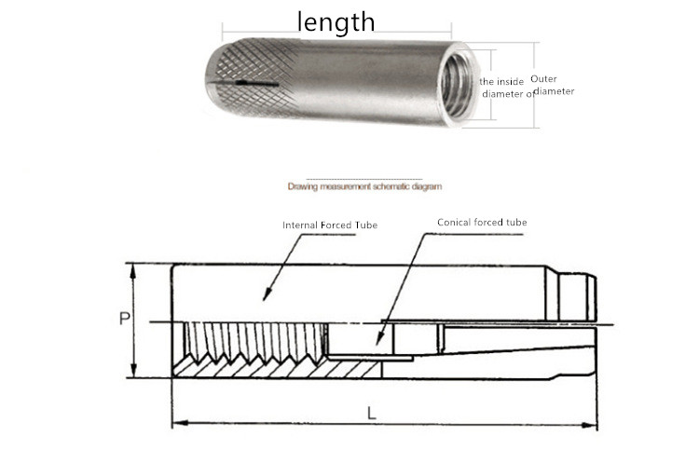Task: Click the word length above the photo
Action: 336,22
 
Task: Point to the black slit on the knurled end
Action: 246,83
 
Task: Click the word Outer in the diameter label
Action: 543,79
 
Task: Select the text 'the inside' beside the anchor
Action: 501,82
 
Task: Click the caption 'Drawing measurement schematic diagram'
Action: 364,186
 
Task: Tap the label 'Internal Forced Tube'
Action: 330,225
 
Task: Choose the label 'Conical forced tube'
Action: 482,222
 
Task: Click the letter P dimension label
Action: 124,319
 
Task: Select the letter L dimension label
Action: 371,414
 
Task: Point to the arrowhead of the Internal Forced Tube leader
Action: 267,295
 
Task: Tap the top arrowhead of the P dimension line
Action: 132,270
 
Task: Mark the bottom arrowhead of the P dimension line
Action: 133,371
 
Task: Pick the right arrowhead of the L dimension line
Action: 589,425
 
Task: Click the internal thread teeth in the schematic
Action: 256,341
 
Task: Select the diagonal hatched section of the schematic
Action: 277,368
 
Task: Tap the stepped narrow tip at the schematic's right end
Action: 577,297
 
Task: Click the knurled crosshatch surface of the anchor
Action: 254,75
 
